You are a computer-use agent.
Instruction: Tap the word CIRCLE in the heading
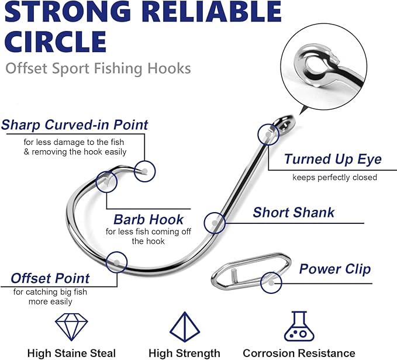(x=56, y=41)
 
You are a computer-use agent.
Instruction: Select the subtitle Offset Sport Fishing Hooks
(x=98, y=68)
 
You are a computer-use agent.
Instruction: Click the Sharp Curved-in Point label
(x=75, y=125)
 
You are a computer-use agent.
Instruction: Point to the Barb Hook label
(x=149, y=220)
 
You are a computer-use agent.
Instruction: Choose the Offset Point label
(x=50, y=278)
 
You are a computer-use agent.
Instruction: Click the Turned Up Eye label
(x=333, y=160)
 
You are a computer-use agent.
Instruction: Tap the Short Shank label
(x=294, y=212)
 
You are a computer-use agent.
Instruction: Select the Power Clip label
(x=335, y=269)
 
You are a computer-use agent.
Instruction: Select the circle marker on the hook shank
(x=215, y=223)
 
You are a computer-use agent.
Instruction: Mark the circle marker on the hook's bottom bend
(x=117, y=262)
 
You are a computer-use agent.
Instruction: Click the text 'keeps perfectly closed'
(x=334, y=177)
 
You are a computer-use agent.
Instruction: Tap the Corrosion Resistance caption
(x=299, y=353)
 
